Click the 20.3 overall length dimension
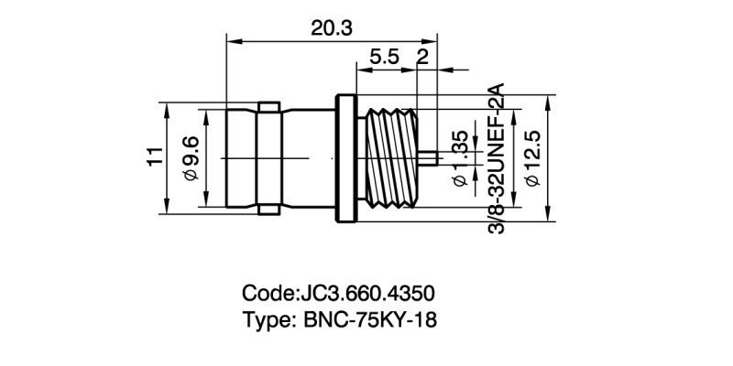(x=331, y=27)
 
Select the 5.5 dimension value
(x=384, y=57)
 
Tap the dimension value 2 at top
(x=422, y=57)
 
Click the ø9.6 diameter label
(x=191, y=157)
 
